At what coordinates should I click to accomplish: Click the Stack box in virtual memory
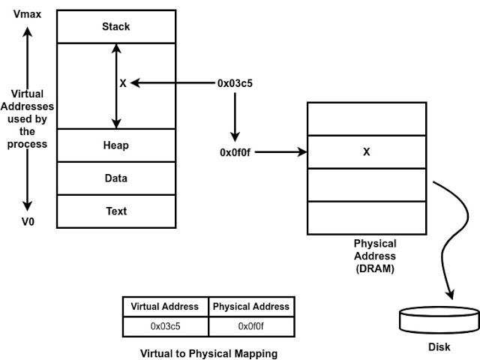click(116, 27)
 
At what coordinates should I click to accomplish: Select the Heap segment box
click(116, 145)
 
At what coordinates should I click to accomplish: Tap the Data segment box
click(116, 178)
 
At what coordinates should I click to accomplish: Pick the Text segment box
click(116, 211)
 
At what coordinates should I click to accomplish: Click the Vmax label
click(28, 13)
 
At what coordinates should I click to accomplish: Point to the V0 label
click(28, 222)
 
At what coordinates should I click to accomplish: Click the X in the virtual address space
click(123, 83)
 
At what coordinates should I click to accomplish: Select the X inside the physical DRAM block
click(366, 152)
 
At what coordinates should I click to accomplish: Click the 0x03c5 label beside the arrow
click(235, 83)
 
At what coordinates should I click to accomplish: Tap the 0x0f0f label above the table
click(235, 152)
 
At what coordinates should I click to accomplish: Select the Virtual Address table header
click(165, 306)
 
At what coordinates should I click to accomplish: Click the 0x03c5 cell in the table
click(165, 326)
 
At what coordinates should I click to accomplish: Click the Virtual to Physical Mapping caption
click(208, 353)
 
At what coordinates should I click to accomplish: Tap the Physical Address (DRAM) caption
click(375, 256)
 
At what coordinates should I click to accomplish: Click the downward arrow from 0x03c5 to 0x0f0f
click(235, 116)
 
